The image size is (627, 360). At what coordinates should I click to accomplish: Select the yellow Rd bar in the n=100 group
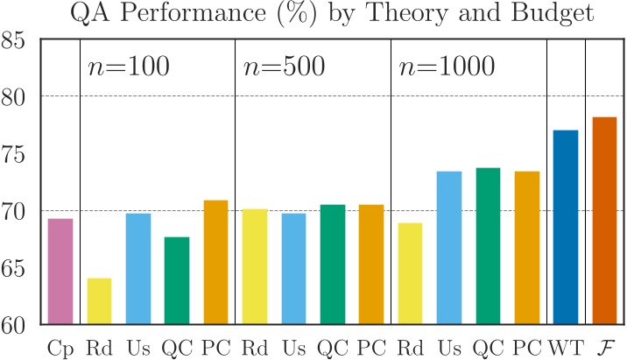tap(99, 301)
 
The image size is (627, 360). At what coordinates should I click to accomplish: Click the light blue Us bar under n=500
tap(293, 269)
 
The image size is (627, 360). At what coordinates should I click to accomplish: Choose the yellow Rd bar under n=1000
tap(410, 274)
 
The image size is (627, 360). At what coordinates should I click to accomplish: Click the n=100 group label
tap(128, 67)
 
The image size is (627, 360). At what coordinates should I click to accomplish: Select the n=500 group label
tap(283, 67)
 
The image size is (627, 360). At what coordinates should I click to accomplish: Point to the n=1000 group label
tap(446, 67)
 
